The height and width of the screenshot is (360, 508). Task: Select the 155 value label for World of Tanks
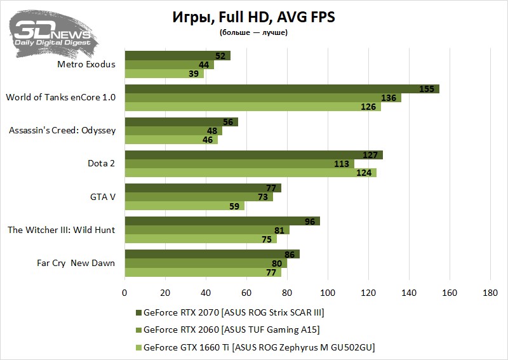tap(427, 89)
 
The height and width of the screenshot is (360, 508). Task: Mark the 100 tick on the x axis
tap(328, 293)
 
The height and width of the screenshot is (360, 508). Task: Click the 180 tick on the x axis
tap(490, 293)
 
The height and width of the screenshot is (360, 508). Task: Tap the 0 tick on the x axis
tap(124, 293)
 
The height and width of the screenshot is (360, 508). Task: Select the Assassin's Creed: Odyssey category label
tap(62, 130)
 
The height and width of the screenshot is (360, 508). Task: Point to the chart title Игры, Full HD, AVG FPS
tap(253, 17)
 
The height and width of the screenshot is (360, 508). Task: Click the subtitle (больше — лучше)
tap(253, 32)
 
